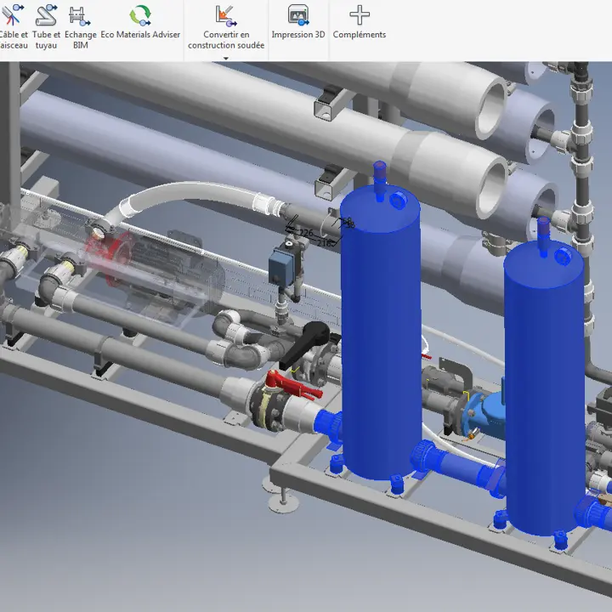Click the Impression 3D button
(297, 22)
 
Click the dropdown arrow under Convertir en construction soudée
(226, 59)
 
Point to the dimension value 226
(305, 233)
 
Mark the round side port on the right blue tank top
(562, 254)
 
